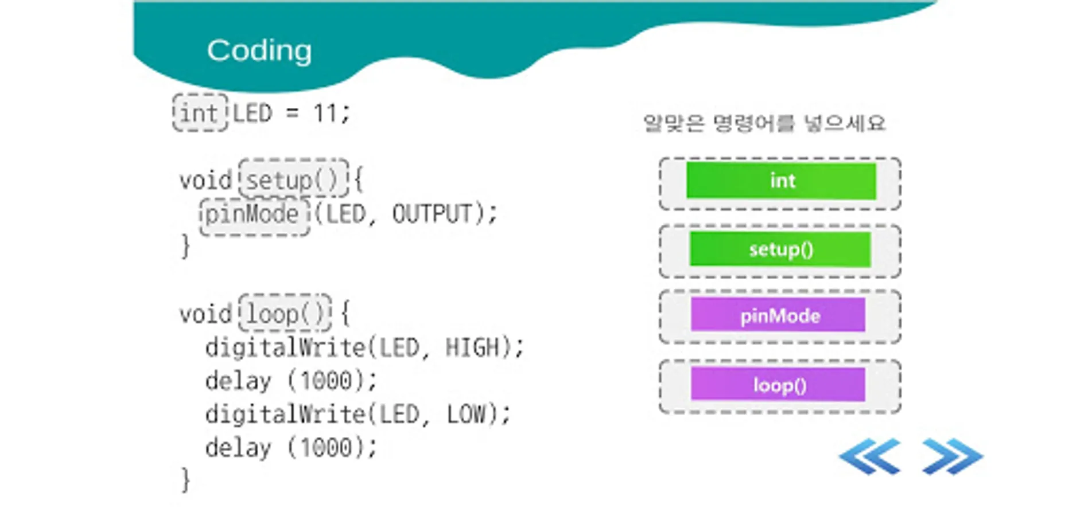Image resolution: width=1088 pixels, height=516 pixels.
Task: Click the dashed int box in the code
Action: pyautogui.click(x=200, y=112)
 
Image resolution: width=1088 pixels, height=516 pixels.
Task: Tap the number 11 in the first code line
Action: pyautogui.click(x=325, y=113)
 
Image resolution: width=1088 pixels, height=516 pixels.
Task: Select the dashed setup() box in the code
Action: pyautogui.click(x=294, y=179)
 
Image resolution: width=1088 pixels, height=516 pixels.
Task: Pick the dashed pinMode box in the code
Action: pyautogui.click(x=255, y=216)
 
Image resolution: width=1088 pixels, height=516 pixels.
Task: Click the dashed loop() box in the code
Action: pyautogui.click(x=285, y=312)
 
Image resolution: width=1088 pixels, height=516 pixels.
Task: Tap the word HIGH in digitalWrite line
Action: pyautogui.click(x=472, y=347)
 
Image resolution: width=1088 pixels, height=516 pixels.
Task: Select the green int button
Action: pyautogui.click(x=781, y=181)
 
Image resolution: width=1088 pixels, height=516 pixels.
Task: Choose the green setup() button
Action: pyautogui.click(x=780, y=249)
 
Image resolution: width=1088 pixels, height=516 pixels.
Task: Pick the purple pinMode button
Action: pyautogui.click(x=778, y=315)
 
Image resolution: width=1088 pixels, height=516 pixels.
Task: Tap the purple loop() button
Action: pyautogui.click(x=778, y=384)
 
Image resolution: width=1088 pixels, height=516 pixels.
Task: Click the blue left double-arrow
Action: pyautogui.click(x=869, y=456)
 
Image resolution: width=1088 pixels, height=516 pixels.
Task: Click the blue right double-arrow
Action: pyautogui.click(x=953, y=456)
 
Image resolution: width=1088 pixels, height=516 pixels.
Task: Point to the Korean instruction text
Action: pyautogui.click(x=764, y=123)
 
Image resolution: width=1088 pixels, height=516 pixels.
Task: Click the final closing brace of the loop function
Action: pyautogui.click(x=185, y=480)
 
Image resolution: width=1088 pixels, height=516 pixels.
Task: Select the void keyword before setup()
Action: pyautogui.click(x=205, y=181)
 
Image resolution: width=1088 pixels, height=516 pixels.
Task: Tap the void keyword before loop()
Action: pyautogui.click(x=205, y=314)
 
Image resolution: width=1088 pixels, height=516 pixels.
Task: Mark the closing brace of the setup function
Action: pyautogui.click(x=185, y=247)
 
